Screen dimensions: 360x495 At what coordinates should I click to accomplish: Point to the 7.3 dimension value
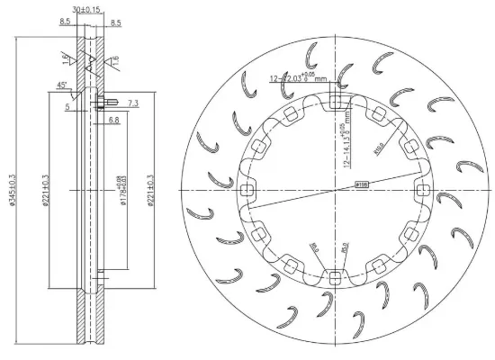tap(133, 105)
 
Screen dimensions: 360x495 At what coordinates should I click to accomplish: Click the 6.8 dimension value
tap(114, 119)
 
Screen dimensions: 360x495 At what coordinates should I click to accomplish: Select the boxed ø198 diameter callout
tap(362, 184)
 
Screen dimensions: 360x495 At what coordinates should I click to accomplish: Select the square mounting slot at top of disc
tap(335, 100)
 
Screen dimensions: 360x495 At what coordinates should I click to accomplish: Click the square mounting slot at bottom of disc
tap(335, 277)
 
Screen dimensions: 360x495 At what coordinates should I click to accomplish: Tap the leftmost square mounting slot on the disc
tap(247, 189)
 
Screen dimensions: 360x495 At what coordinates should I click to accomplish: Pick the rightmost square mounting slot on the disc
tap(423, 189)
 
